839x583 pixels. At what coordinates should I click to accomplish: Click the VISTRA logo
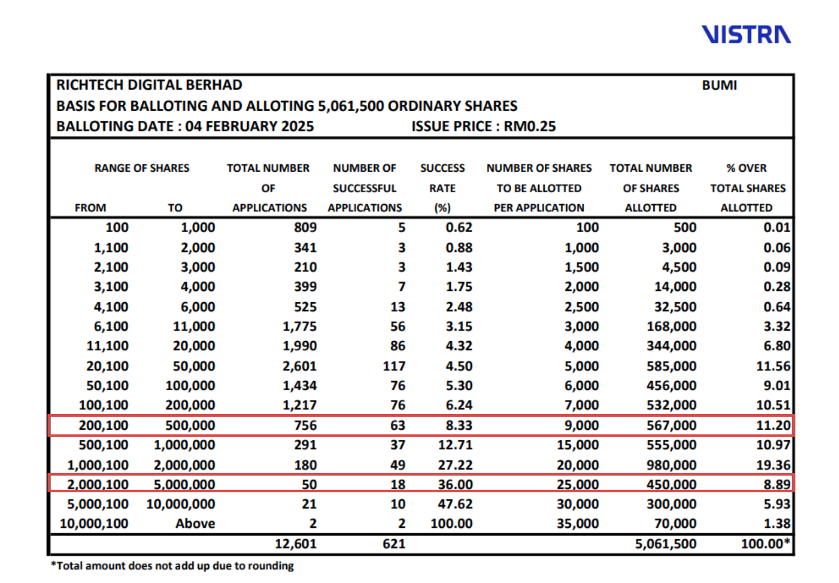pos(746,35)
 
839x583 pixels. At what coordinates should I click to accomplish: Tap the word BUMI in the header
pos(719,85)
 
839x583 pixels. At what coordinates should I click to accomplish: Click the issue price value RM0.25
pos(530,126)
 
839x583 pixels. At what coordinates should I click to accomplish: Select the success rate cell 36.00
pos(455,484)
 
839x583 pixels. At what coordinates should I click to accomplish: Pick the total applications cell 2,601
pos(300,366)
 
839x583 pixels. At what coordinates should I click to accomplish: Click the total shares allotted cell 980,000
pos(672,465)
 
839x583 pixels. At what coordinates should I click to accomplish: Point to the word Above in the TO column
pos(195,524)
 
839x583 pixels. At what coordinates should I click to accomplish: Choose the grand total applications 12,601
pos(295,544)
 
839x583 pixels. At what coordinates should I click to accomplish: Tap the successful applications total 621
pos(394,544)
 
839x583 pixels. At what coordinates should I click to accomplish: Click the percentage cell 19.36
pos(773,465)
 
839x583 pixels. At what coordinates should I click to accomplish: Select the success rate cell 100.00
pos(451,524)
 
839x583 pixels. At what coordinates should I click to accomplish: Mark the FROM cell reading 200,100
pos(104,425)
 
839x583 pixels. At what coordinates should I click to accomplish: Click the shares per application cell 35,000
pos(578,524)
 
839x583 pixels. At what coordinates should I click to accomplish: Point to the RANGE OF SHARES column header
pos(142,168)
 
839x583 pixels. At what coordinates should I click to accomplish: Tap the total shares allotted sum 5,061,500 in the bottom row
pos(666,544)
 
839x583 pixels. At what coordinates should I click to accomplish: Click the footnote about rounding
pos(172,566)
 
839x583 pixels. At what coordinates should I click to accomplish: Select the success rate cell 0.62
pos(459,228)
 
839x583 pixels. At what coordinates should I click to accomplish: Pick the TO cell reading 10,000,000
pos(180,504)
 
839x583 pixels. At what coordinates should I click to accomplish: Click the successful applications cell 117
pos(394,366)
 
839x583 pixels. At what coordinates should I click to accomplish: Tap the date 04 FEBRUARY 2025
pos(249,126)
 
